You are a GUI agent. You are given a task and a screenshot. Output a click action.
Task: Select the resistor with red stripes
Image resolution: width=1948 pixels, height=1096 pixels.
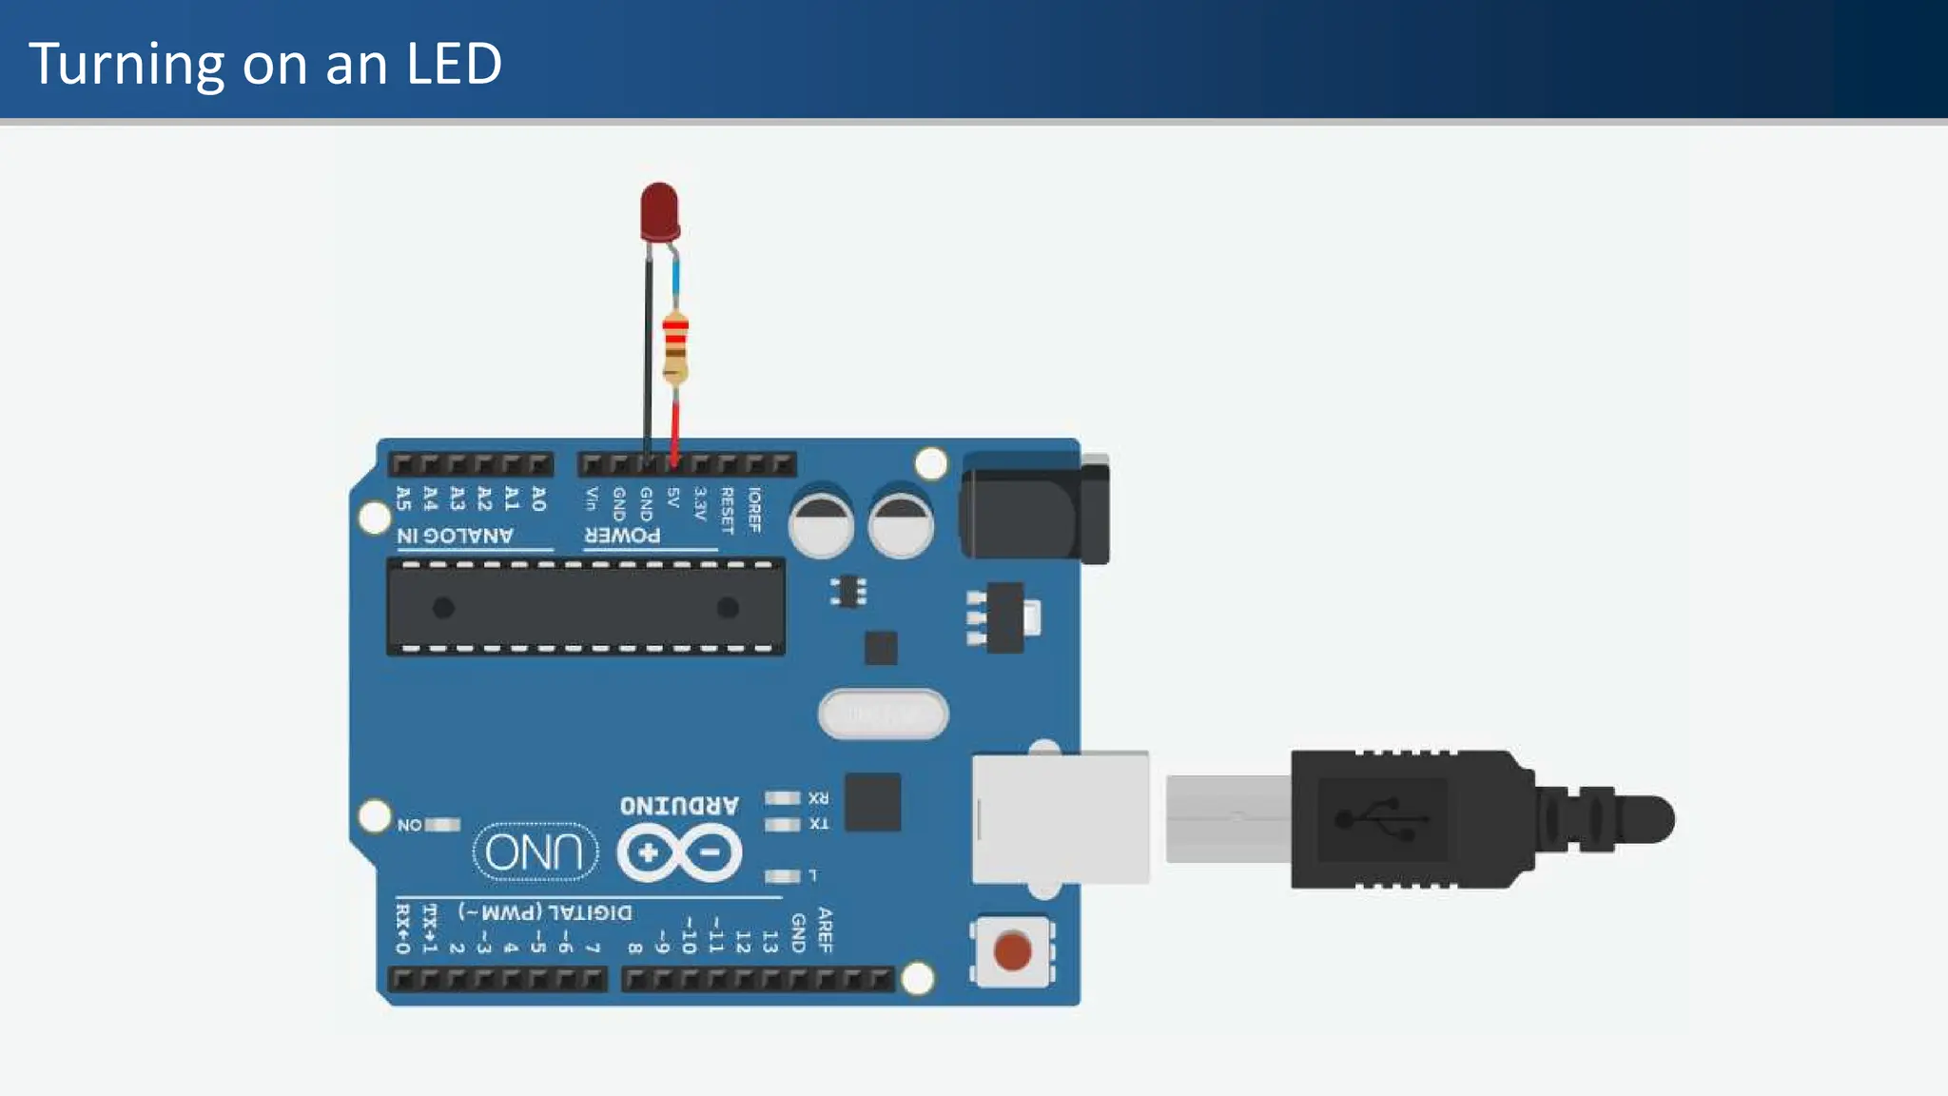674,346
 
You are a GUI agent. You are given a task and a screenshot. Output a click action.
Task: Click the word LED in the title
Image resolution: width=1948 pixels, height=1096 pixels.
454,64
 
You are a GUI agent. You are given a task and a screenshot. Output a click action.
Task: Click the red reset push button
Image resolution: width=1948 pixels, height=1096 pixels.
1012,951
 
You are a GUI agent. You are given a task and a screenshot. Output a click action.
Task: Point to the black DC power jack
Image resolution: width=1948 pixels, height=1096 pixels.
1035,509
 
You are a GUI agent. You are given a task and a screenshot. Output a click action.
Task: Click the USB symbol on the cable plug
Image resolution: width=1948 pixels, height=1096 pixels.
1382,819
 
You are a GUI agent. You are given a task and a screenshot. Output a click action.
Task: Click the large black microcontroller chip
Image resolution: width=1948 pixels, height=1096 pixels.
585,607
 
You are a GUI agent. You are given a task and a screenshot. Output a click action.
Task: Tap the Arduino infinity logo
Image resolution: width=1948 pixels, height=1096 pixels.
679,852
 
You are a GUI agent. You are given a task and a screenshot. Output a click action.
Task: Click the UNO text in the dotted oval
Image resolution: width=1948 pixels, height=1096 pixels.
535,851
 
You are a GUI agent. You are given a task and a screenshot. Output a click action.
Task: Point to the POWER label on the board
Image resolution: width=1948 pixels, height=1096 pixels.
623,536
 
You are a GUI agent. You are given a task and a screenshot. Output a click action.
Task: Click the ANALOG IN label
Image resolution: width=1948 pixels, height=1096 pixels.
456,536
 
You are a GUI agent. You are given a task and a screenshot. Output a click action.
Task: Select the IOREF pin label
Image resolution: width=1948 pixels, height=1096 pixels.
754,509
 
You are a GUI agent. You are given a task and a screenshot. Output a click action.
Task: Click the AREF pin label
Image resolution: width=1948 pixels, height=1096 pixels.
825,930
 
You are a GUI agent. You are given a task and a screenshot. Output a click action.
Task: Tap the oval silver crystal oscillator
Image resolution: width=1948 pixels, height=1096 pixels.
883,714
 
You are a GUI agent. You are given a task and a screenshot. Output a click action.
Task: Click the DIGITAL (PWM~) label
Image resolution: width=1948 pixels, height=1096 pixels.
545,912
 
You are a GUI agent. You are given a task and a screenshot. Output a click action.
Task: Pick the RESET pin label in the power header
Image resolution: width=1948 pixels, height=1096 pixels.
728,510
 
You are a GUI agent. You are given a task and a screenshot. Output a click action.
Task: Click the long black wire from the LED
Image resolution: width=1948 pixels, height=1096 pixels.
648,352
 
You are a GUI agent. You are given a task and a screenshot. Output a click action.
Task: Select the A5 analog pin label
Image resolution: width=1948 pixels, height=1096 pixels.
403,498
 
